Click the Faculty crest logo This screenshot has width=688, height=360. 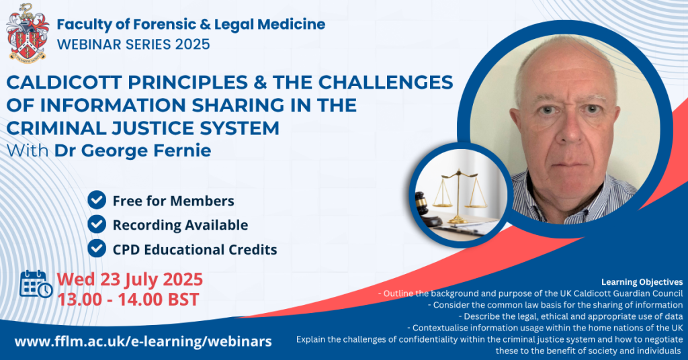tap(27, 32)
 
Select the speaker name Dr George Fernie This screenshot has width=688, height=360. tap(132, 150)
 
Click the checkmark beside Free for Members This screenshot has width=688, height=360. tap(97, 200)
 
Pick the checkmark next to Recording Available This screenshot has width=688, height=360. tap(97, 224)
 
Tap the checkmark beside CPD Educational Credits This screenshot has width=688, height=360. tap(97, 249)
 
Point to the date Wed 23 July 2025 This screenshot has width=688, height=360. tap(130, 279)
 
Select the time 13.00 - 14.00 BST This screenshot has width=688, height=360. tap(128, 300)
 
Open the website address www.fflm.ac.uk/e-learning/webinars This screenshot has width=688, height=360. tap(143, 341)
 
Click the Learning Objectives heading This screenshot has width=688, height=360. tap(642, 282)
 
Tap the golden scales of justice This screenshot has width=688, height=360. tap(459, 195)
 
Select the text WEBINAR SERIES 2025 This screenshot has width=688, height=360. tap(134, 44)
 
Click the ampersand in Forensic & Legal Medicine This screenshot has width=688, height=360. tap(204, 25)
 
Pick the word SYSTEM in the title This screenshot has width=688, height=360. tap(237, 128)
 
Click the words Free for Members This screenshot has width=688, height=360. tap(173, 201)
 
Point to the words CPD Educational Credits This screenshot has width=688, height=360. tap(195, 249)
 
